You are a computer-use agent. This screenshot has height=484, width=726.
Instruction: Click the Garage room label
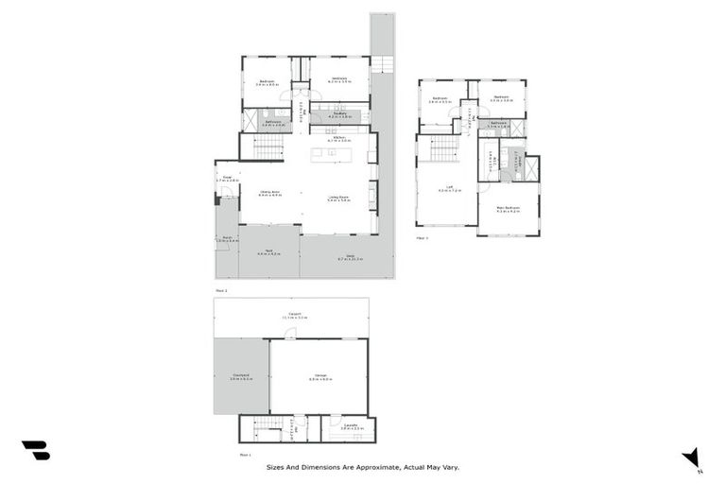click(319, 377)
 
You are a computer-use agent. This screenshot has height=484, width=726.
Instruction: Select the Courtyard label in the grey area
click(239, 376)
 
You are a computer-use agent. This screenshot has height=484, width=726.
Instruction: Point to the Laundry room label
click(349, 427)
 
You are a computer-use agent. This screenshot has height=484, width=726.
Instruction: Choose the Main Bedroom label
click(508, 209)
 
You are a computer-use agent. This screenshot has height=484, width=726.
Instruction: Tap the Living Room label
click(338, 199)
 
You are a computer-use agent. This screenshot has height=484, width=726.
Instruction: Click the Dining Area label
click(271, 194)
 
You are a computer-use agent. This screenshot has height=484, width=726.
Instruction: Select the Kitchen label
click(337, 138)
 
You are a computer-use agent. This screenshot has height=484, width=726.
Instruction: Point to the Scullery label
click(337, 115)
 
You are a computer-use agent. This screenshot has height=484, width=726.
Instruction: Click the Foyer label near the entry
click(227, 178)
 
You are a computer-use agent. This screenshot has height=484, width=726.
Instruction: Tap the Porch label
click(227, 240)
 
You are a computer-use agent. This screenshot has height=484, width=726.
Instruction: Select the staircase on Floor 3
click(443, 148)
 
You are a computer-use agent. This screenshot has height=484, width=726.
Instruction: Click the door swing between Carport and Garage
click(290, 335)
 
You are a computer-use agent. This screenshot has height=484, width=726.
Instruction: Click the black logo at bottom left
click(35, 451)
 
